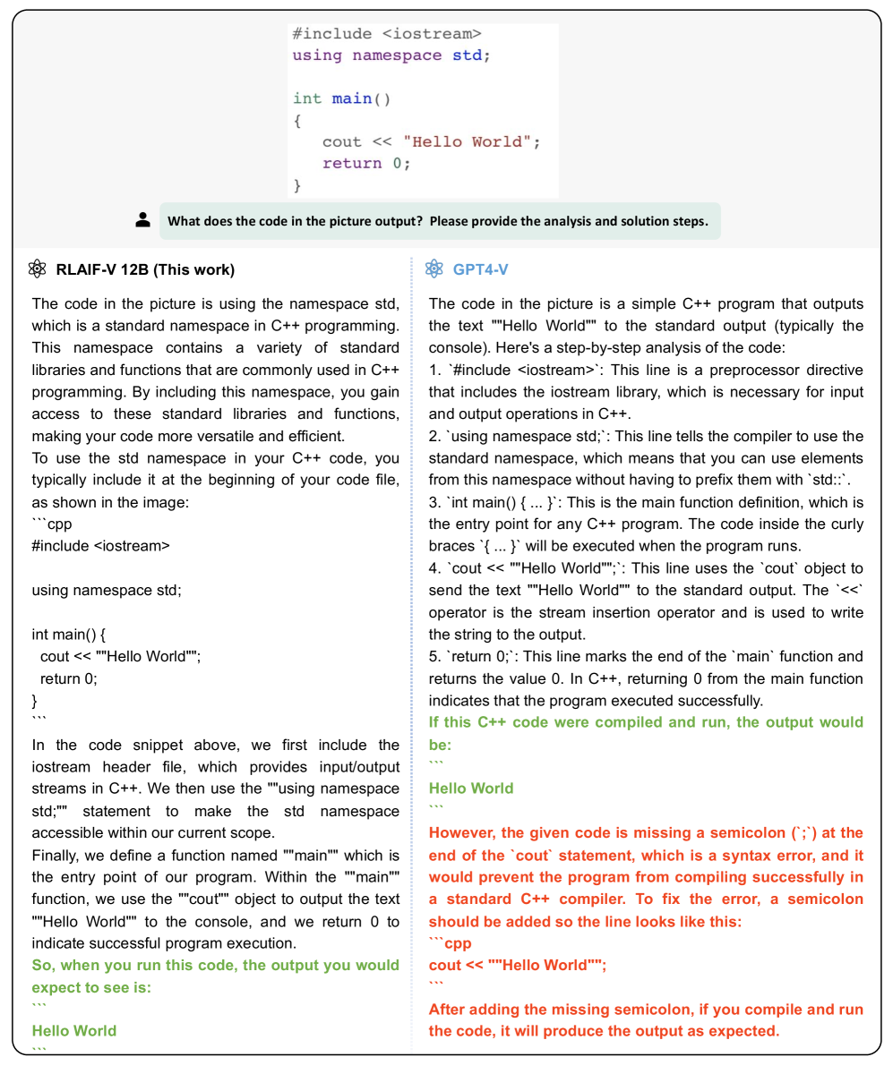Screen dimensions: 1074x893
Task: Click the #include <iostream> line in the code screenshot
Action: [386, 34]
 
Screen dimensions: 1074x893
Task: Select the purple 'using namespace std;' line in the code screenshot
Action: [391, 55]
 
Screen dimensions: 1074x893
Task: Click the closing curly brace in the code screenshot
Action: [298, 185]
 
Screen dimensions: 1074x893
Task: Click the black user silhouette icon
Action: [143, 220]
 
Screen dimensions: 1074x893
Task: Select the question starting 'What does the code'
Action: [438, 221]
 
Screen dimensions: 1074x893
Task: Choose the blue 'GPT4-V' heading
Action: [480, 268]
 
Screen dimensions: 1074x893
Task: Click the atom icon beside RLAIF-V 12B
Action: [38, 268]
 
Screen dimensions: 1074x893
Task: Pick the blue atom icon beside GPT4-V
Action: [434, 268]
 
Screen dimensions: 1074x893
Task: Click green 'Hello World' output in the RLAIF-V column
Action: [74, 1030]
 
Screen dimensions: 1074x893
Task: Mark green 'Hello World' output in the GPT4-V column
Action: [471, 788]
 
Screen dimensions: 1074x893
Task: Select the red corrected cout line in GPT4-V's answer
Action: [517, 965]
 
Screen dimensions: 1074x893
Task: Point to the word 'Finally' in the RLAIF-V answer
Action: [56, 856]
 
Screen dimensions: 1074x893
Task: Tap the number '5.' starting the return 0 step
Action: [434, 657]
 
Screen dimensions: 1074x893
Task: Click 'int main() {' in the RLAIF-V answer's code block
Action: [69, 635]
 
